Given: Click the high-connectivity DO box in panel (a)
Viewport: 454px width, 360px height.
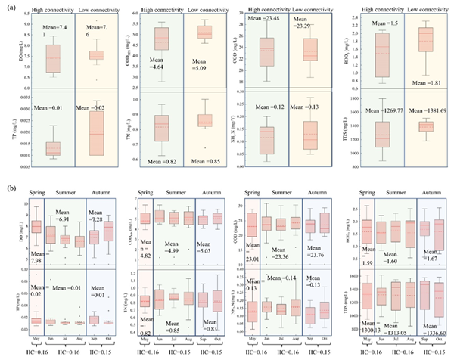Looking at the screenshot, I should [x=53, y=57].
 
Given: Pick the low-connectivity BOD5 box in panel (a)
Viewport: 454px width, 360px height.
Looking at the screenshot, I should [x=428, y=39].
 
